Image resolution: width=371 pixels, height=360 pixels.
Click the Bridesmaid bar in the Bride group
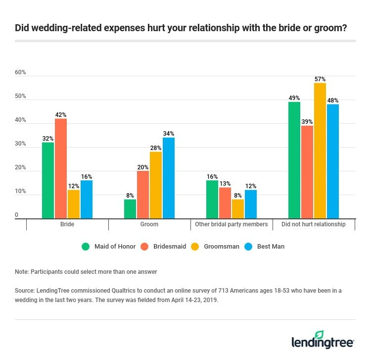61,168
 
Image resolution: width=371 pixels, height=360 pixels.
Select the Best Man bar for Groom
169,178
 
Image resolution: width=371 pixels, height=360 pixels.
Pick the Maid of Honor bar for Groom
130,208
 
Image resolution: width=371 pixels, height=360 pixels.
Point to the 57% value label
320,79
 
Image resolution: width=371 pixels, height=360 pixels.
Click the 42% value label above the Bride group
61,115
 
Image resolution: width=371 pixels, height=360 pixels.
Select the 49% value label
294,98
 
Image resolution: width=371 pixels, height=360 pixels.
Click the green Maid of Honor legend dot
86,246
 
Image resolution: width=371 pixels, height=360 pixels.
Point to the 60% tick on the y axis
20,72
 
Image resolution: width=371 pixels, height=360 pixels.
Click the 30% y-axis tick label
20,144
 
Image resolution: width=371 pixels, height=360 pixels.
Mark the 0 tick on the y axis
16,215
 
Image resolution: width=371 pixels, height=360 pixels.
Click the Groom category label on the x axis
149,224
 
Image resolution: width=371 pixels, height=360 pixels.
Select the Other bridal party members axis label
232,224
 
